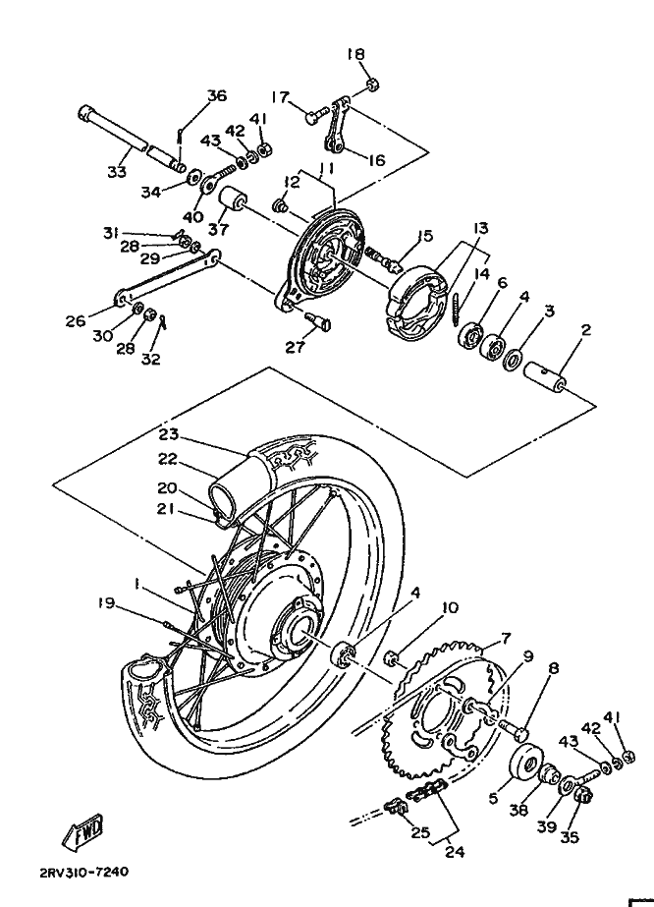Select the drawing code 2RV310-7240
click(76, 872)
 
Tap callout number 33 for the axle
click(117, 172)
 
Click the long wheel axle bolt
click(133, 139)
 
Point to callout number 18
click(356, 54)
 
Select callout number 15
click(425, 236)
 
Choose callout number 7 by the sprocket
click(506, 639)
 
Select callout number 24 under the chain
click(455, 851)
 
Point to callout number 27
click(296, 347)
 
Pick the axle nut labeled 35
click(584, 798)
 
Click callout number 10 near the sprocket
click(450, 607)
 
